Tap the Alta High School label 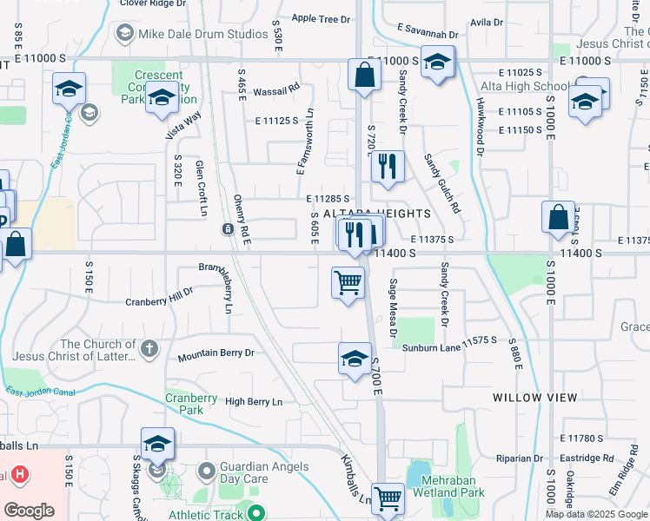pyautogui.click(x=527, y=86)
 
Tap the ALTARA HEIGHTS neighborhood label pyautogui.click(x=377, y=214)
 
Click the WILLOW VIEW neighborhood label pyautogui.click(x=534, y=397)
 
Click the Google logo pyautogui.click(x=29, y=511)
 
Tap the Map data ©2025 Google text pyautogui.click(x=596, y=514)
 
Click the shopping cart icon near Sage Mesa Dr pyautogui.click(x=348, y=283)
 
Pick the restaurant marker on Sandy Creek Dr pyautogui.click(x=388, y=165)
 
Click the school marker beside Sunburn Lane pyautogui.click(x=355, y=359)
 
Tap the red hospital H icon pyautogui.click(x=20, y=476)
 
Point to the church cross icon pyautogui.click(x=149, y=349)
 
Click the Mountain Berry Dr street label pyautogui.click(x=216, y=354)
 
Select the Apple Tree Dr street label pyautogui.click(x=321, y=18)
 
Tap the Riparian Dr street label pyautogui.click(x=520, y=458)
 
